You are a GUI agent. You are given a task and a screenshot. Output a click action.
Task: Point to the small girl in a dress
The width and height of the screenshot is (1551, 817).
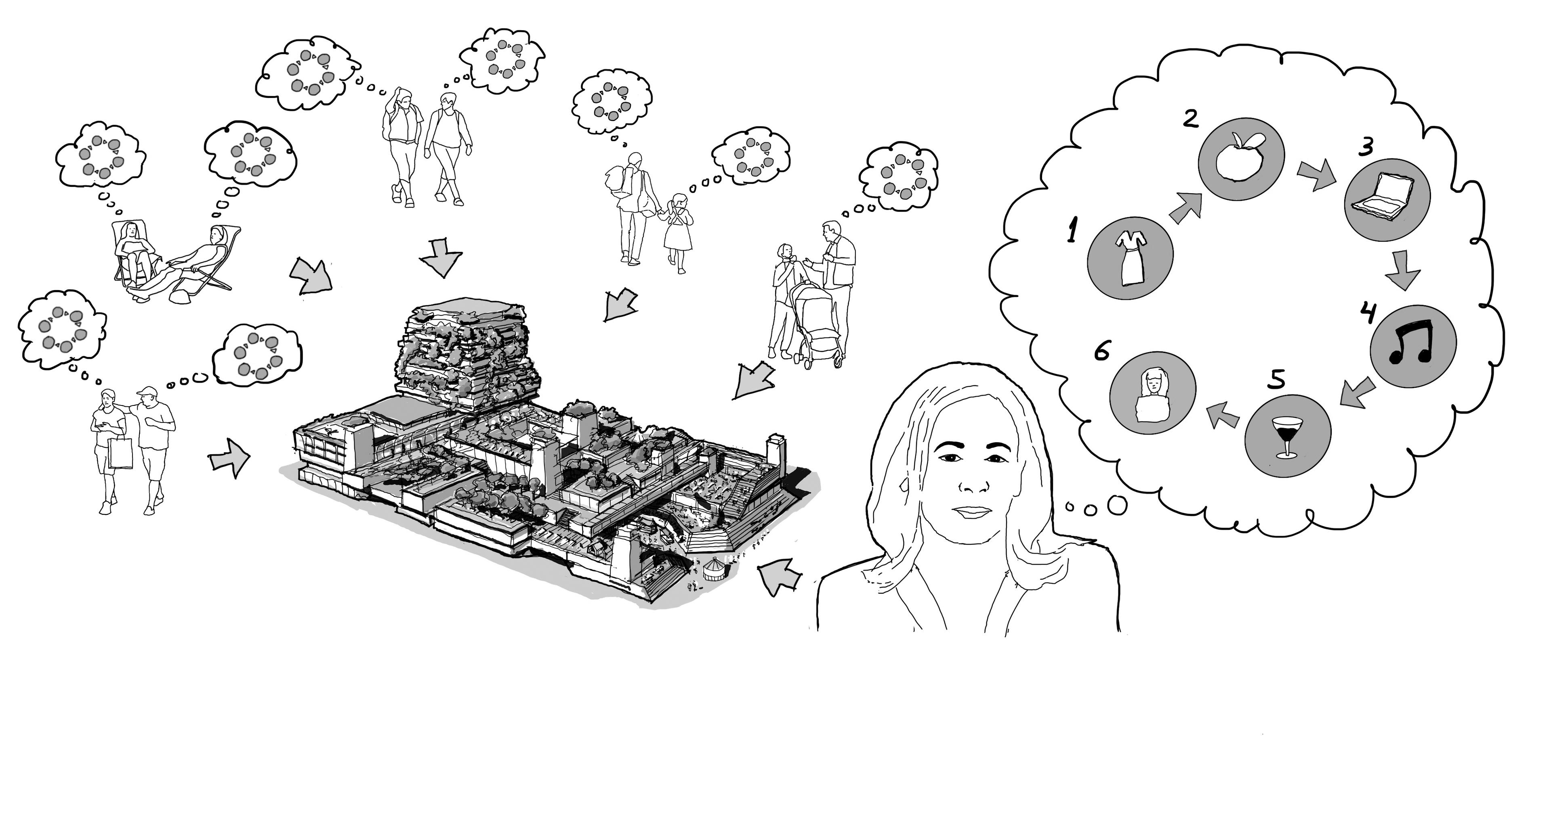point(679,232)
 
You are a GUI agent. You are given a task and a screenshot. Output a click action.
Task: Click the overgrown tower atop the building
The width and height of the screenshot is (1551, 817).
point(468,355)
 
